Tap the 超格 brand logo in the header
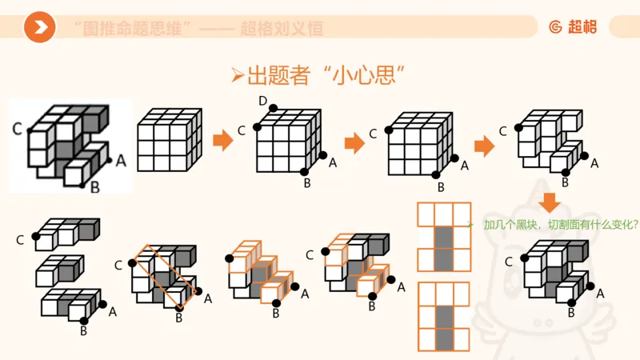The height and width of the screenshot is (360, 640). click(573, 26)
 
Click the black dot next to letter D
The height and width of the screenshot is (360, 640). click(274, 109)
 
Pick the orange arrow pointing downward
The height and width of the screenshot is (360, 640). click(550, 202)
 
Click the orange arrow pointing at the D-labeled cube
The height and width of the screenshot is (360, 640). click(222, 143)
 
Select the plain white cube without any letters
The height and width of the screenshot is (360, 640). click(168, 142)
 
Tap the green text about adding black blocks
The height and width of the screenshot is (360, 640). click(560, 225)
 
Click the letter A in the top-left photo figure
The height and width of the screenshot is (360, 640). click(121, 160)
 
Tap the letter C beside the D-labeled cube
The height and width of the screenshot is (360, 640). click(242, 131)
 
